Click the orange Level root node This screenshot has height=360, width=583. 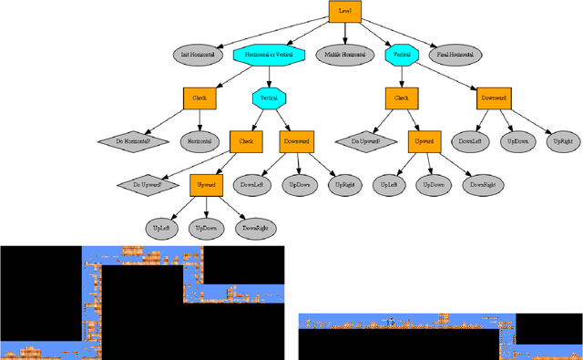344,11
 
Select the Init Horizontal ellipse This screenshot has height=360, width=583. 199,55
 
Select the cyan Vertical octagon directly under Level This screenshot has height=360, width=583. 401,55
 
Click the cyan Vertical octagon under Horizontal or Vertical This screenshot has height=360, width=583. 269,98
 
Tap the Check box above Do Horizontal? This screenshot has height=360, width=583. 199,98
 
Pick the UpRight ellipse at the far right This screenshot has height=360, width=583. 562,141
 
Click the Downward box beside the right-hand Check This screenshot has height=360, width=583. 493,98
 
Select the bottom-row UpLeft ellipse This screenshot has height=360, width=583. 161,227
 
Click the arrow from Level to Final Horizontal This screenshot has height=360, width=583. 401,35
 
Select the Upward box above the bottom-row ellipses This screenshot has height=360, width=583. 206,184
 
